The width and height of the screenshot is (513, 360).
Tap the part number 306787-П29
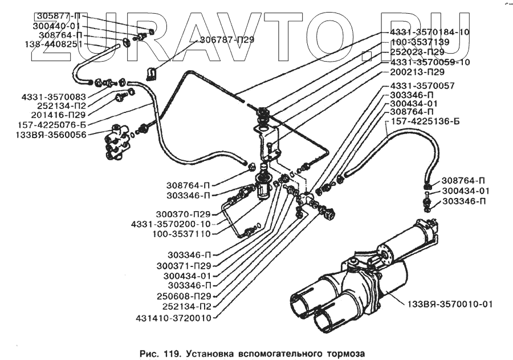pos(227,40)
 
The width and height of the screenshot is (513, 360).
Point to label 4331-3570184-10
pos(430,32)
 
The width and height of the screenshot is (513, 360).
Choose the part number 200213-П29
pos(418,72)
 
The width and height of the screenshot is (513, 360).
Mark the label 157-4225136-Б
pos(422,122)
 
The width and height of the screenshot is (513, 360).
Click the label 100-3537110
pos(181,233)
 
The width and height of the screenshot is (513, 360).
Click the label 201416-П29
pos(59,114)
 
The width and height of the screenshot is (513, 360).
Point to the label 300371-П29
pos(184,265)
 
